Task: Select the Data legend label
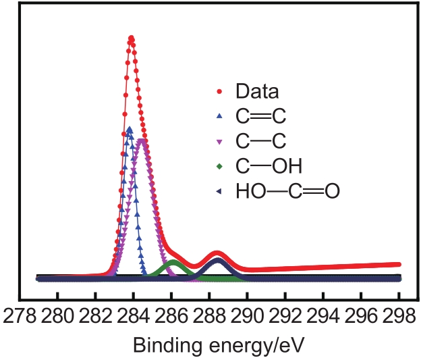coord(257,91)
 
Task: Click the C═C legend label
coord(261,116)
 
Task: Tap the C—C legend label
coord(261,141)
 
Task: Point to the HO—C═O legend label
coord(287,192)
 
